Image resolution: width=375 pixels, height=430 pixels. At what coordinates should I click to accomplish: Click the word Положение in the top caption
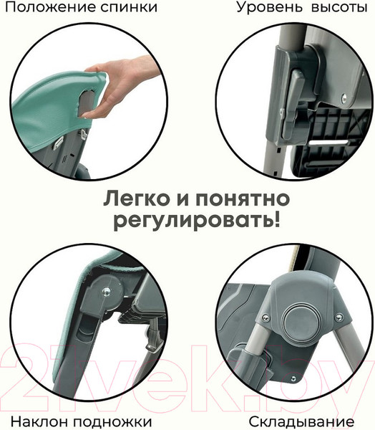(x=49, y=7)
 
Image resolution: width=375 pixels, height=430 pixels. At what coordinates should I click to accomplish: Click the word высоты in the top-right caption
(x=339, y=7)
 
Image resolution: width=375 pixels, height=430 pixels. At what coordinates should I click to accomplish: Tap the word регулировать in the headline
(x=191, y=221)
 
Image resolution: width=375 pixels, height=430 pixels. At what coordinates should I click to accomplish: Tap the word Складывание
(x=301, y=421)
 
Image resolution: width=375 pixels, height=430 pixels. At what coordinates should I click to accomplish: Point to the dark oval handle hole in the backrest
(x=87, y=102)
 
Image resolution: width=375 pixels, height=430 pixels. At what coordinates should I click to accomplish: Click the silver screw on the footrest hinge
(x=106, y=291)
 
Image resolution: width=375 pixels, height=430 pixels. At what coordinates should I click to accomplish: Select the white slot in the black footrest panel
(x=328, y=143)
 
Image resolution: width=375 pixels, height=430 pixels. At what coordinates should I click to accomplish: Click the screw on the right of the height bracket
(x=344, y=97)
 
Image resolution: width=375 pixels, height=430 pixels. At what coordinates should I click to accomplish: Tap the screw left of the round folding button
(x=266, y=317)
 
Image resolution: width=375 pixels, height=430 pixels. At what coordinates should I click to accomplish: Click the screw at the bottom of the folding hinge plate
(x=293, y=378)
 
